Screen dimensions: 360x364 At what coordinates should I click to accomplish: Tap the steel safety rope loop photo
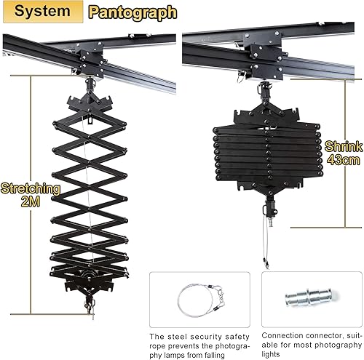pos(199,298)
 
